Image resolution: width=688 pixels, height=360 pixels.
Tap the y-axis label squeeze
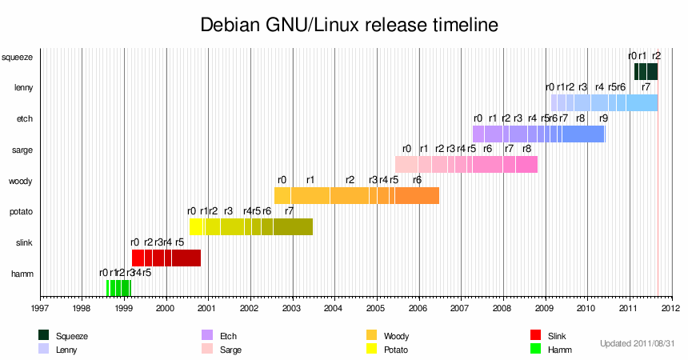pyautogui.click(x=17, y=57)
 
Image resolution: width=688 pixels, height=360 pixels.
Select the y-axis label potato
pyautogui.click(x=18, y=212)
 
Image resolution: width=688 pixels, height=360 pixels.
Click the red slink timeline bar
pyautogui.click(x=166, y=258)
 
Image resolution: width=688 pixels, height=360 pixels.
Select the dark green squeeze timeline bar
pyautogui.click(x=646, y=71)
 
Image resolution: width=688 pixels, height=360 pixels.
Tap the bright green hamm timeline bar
pyautogui.click(x=118, y=288)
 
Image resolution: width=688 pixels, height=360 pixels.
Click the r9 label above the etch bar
pyautogui.click(x=603, y=118)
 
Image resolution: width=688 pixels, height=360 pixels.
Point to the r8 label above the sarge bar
pyautogui.click(x=526, y=149)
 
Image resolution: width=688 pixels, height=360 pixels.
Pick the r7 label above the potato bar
pyautogui.click(x=290, y=211)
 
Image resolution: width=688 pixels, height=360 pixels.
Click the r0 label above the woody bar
pyautogui.click(x=282, y=180)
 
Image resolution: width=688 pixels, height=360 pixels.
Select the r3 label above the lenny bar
pyautogui.click(x=582, y=87)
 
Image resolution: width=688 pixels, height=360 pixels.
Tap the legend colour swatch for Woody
pyautogui.click(x=371, y=334)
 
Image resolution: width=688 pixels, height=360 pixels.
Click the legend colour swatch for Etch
pyautogui.click(x=207, y=334)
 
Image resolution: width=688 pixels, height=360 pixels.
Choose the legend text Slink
pyautogui.click(x=558, y=335)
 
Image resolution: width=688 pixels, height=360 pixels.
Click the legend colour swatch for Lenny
pyautogui.click(x=43, y=349)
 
